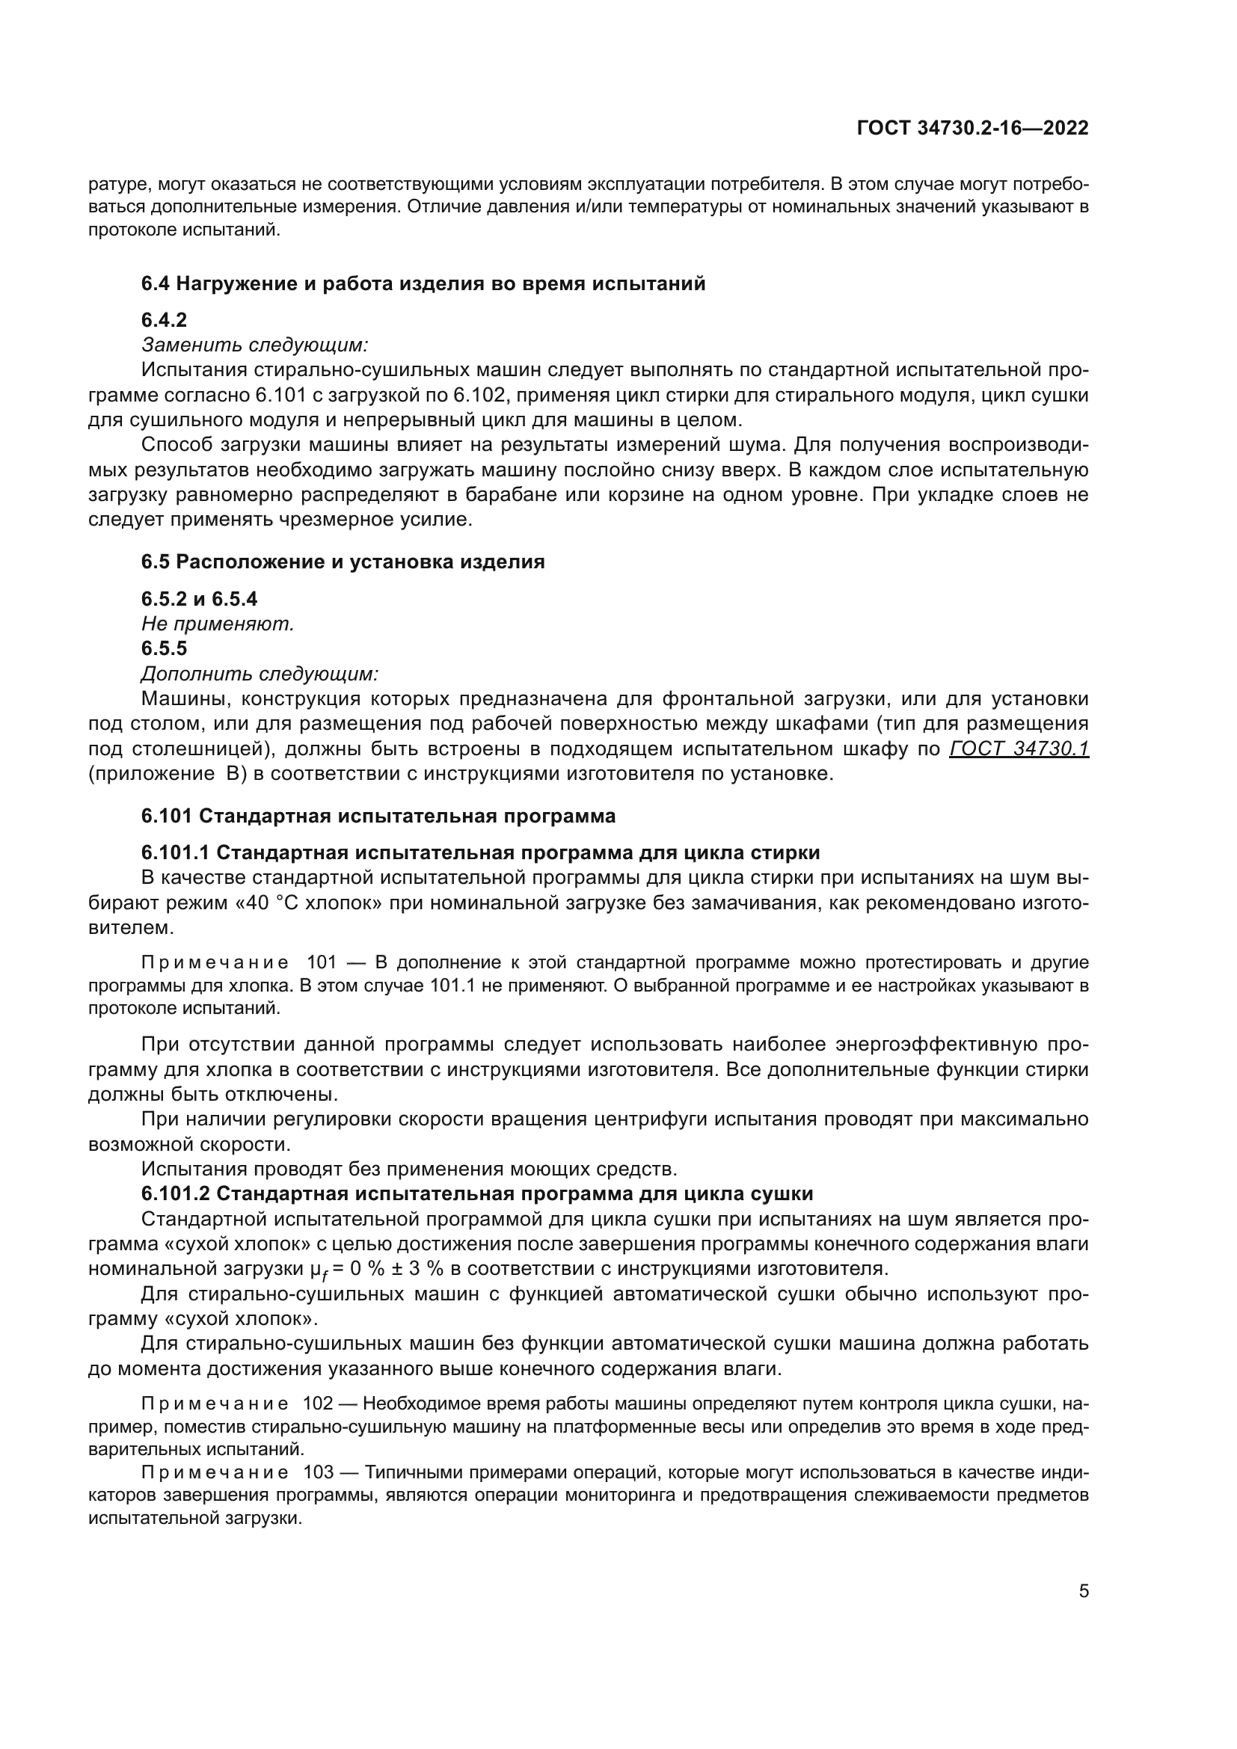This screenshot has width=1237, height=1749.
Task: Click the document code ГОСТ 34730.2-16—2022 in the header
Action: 973,128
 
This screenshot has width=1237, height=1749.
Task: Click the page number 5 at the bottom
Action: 1083,1591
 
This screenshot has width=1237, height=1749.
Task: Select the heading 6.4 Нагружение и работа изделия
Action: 423,284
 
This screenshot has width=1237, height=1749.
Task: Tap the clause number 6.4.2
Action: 164,320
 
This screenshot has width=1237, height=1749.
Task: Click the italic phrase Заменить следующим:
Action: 255,345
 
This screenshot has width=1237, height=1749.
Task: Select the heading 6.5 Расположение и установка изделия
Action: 343,562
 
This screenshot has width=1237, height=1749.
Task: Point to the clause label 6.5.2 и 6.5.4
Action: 200,599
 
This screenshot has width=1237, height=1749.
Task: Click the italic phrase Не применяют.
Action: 218,624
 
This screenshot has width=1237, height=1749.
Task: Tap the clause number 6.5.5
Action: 164,648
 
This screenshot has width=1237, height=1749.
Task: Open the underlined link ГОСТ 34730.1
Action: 1019,749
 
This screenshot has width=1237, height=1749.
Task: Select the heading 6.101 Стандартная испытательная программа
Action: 378,816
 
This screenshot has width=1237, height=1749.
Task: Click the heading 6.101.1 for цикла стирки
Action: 480,852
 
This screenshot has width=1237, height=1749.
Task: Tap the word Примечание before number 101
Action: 215,963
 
